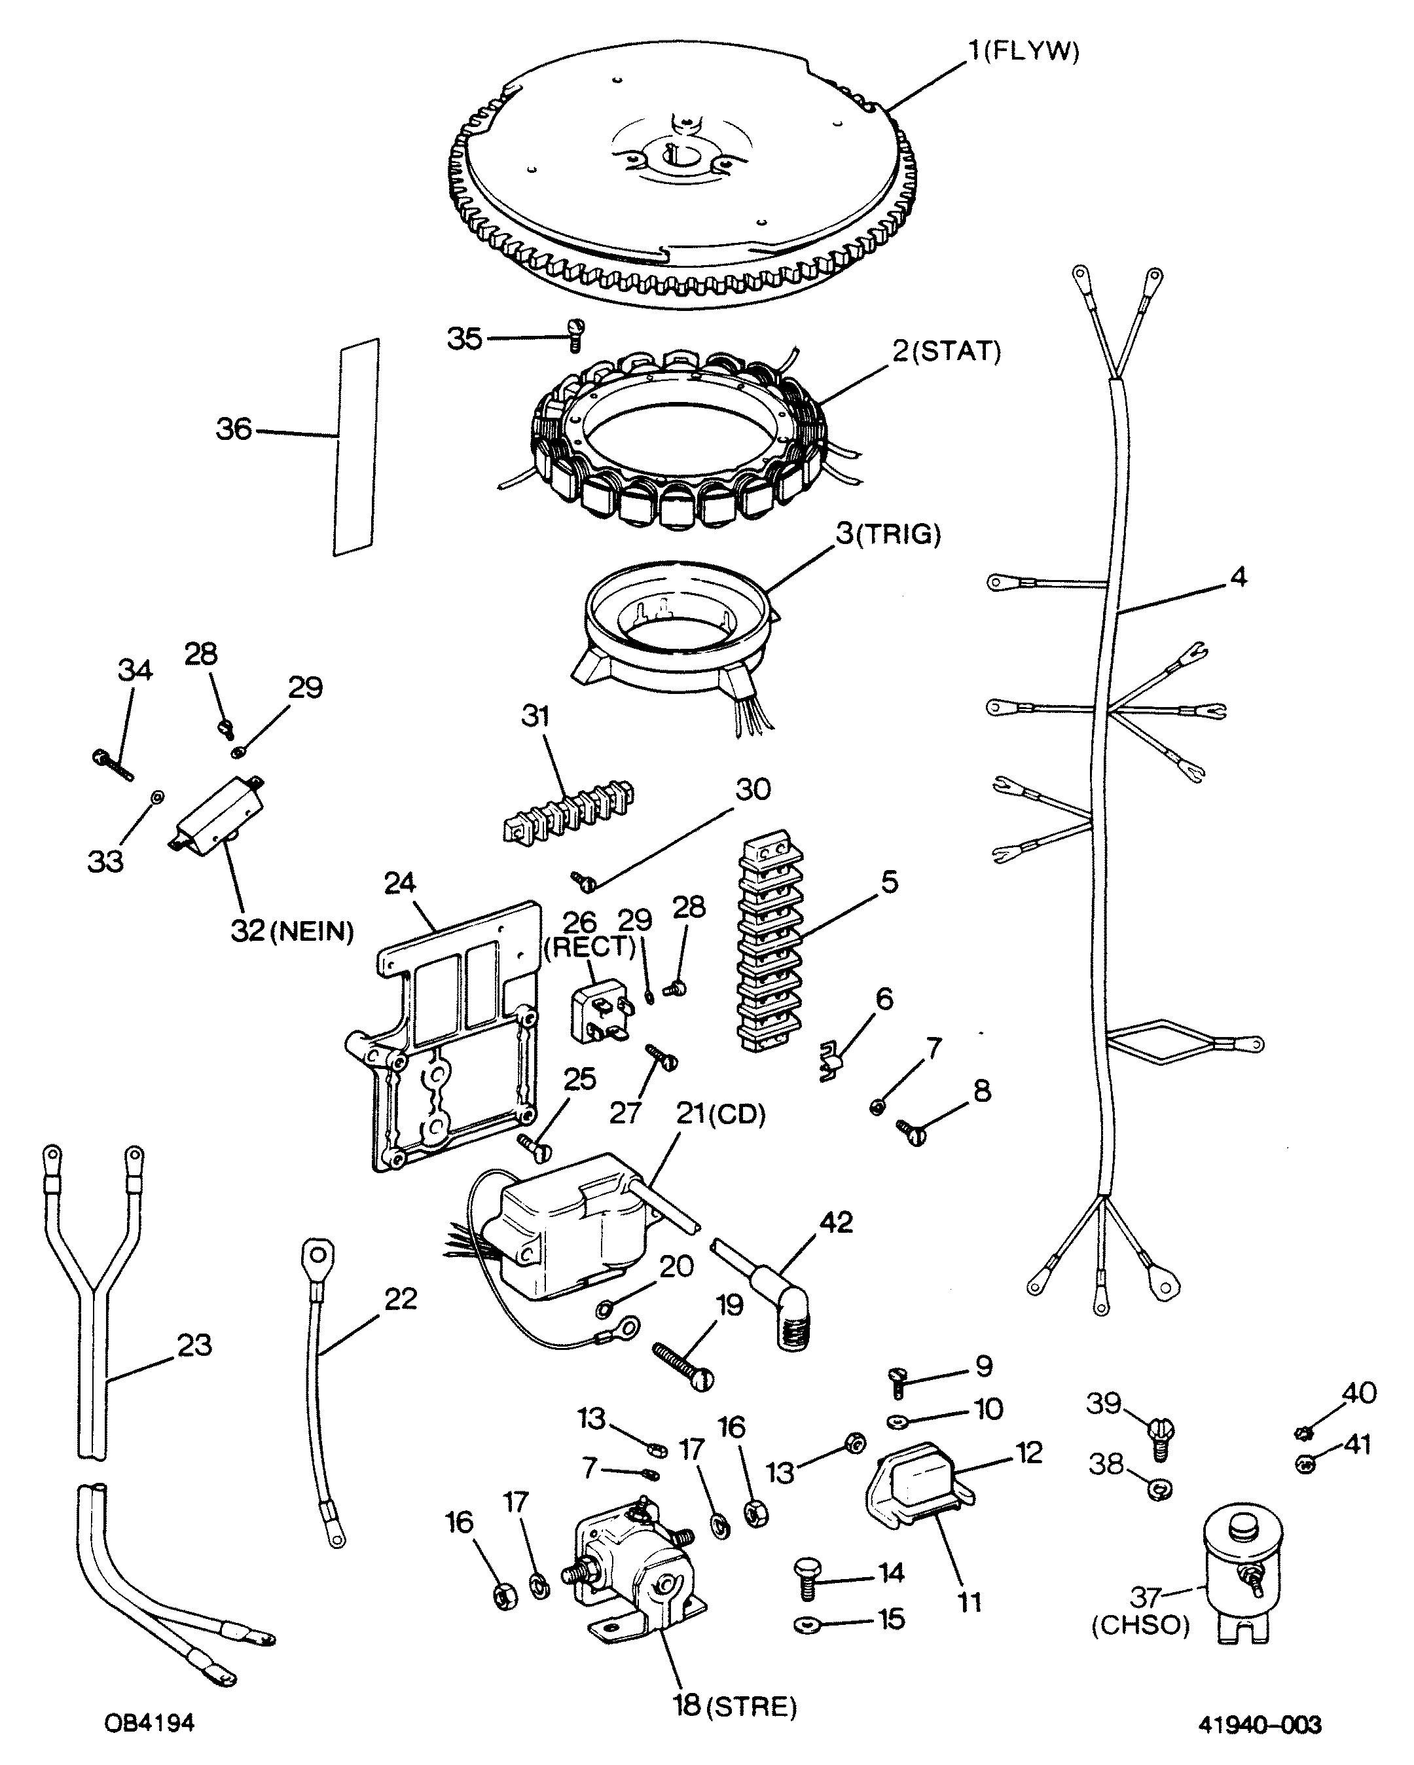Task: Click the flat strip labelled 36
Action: click(x=356, y=447)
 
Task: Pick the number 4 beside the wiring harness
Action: click(x=1238, y=577)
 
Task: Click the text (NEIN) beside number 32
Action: click(x=314, y=931)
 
